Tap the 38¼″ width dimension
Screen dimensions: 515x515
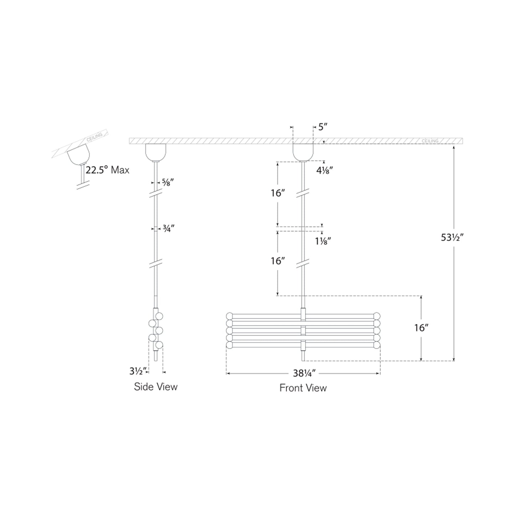click(x=304, y=373)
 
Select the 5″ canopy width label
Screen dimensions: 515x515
click(x=323, y=127)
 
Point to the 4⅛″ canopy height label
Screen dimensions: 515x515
click(x=324, y=170)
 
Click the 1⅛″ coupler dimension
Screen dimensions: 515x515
click(x=323, y=241)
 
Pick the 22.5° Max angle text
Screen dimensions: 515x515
click(x=107, y=170)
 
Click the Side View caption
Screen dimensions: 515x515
click(x=155, y=386)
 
